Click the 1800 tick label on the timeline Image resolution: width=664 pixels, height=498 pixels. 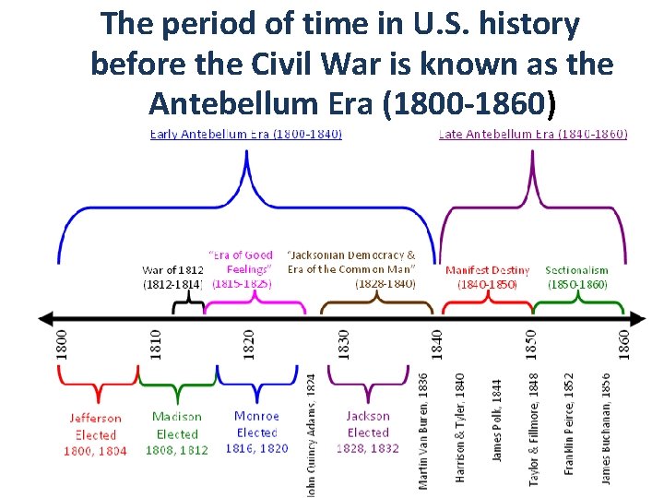61,345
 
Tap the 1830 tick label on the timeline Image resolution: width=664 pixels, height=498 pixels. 344,345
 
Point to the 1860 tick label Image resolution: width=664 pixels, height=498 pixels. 624,345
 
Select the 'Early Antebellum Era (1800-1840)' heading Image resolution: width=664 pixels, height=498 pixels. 246,134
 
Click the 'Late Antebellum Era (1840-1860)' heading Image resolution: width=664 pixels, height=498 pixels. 533,134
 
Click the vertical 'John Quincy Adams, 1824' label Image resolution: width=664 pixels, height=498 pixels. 311,433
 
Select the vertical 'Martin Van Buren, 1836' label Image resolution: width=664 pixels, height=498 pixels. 423,430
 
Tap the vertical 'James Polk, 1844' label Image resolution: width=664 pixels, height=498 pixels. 497,421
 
